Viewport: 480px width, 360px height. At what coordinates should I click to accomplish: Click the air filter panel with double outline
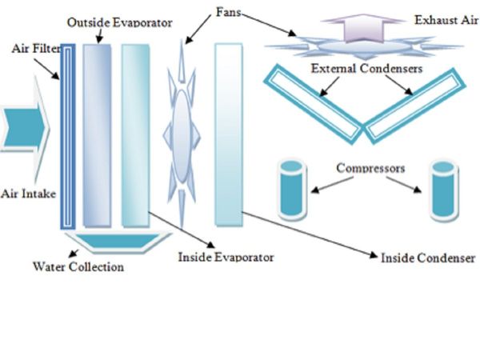69,136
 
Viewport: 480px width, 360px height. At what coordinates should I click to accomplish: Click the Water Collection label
78,266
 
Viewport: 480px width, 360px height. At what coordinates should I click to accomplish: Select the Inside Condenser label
428,258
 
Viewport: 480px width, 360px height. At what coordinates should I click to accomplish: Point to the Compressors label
370,169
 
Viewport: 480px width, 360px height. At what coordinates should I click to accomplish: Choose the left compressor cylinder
293,189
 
